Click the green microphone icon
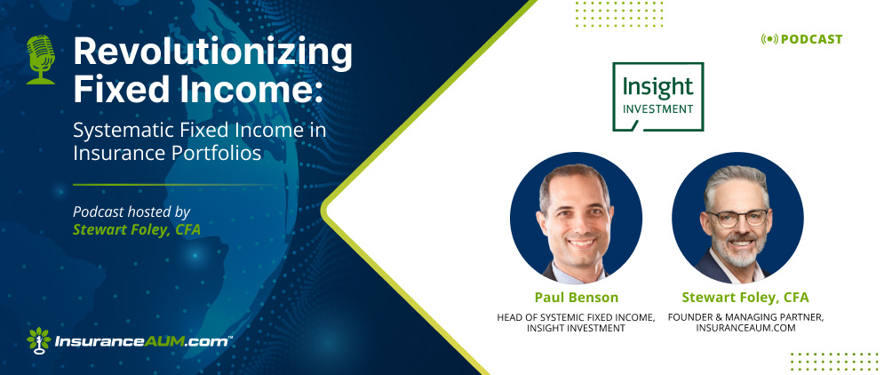click(x=41, y=60)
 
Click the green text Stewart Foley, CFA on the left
click(x=137, y=230)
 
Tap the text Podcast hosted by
click(x=131, y=212)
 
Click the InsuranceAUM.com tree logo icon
click(x=39, y=339)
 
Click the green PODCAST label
click(x=812, y=39)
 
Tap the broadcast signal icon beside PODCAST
click(x=769, y=39)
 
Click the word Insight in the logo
click(x=657, y=87)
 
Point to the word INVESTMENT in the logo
click(x=657, y=108)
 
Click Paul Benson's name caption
click(x=577, y=298)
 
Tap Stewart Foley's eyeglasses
click(x=737, y=219)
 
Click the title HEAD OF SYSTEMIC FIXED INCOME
click(x=577, y=317)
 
